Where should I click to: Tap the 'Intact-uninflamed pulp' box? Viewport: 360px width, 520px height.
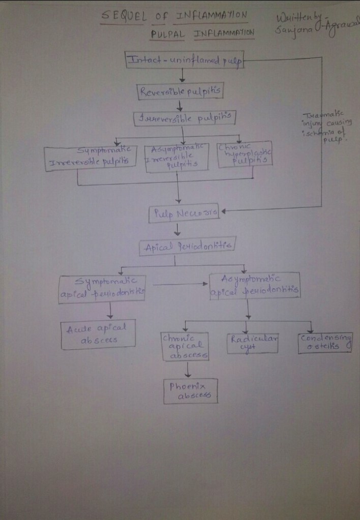185,60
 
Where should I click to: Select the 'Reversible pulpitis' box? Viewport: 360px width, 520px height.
181,91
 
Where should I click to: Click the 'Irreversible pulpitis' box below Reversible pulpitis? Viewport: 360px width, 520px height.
185,118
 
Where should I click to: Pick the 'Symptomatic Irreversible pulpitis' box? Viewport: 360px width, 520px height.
92,158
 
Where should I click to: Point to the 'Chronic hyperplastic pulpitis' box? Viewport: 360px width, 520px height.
245,154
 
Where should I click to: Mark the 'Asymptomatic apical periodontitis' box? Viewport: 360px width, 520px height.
254,286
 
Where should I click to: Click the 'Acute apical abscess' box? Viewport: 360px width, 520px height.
98,335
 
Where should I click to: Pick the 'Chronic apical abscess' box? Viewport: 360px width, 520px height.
185,346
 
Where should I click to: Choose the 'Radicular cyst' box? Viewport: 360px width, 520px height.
253,343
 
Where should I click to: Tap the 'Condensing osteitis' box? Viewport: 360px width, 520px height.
325,342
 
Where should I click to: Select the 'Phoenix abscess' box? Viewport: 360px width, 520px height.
190,391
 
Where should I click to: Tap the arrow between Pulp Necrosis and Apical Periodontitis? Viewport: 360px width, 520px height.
177,229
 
